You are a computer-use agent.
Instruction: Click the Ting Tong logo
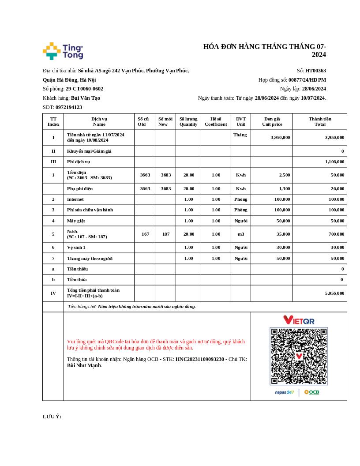click(63, 51)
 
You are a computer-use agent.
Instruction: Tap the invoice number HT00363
click(315, 71)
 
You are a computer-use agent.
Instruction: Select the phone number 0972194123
click(69, 107)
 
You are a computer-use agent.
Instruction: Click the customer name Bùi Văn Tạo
click(86, 98)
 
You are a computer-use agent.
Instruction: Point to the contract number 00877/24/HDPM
click(307, 80)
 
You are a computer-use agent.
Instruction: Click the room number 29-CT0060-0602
click(84, 89)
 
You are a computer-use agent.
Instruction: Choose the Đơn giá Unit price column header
click(272, 121)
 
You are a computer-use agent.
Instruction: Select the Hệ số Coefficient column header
click(216, 121)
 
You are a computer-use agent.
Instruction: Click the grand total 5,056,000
click(334, 293)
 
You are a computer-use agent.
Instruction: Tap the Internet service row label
click(75, 199)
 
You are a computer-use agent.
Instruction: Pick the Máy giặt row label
click(76, 221)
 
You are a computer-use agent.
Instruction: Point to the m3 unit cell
click(240, 234)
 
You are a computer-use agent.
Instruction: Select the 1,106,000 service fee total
click(334, 162)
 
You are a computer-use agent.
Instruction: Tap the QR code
click(299, 356)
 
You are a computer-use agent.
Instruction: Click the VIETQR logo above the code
click(299, 320)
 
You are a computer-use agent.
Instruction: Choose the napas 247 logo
click(285, 392)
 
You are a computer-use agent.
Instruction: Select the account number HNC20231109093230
click(200, 359)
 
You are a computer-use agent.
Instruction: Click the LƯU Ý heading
click(52, 417)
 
